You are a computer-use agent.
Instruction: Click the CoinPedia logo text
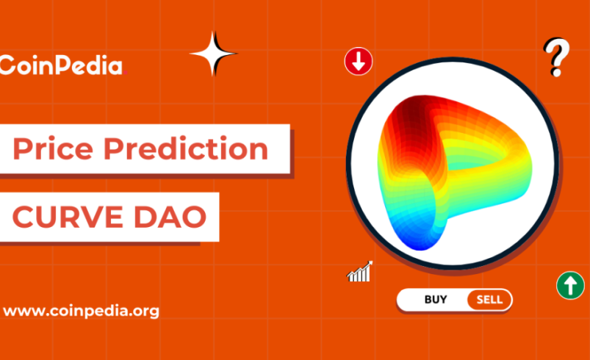point(62,65)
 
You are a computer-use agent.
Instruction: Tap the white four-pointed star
point(213,54)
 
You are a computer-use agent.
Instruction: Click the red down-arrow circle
point(358,62)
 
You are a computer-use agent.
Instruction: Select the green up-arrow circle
point(570,284)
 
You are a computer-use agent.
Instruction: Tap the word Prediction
point(185,150)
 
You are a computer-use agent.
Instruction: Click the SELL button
point(489,300)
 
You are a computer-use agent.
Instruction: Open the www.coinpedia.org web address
point(81,311)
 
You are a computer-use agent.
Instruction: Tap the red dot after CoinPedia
point(126,73)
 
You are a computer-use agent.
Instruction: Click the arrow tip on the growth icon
point(370,264)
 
